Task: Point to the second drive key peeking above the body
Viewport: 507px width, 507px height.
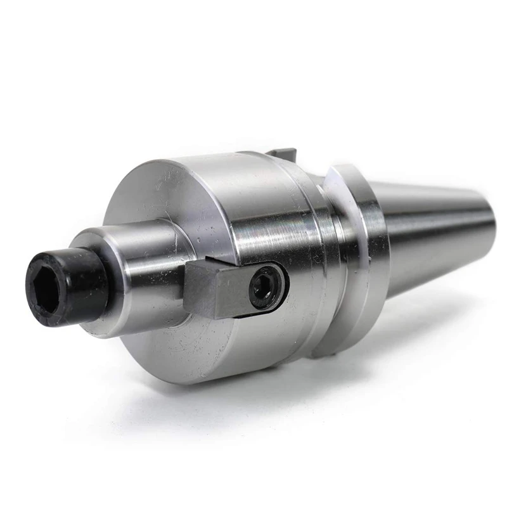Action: coord(281,153)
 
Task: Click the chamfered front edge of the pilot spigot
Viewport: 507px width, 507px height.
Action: coord(86,244)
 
